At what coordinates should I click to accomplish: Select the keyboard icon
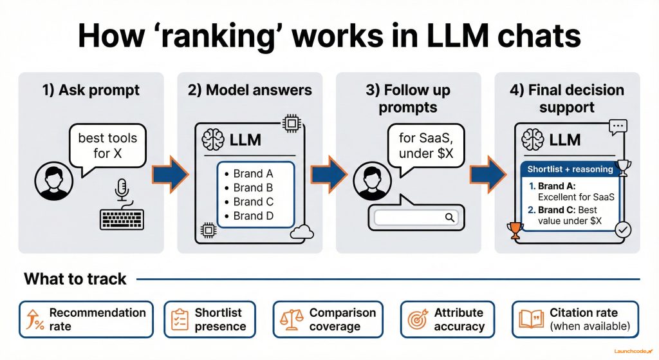click(x=122, y=219)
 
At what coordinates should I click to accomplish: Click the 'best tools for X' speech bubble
click(x=107, y=147)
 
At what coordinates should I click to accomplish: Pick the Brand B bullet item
click(x=248, y=187)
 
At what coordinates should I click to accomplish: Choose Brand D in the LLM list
click(x=248, y=216)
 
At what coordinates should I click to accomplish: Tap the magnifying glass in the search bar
click(x=449, y=218)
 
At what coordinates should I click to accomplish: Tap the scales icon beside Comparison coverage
click(x=291, y=319)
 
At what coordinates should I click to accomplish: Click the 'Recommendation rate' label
click(x=97, y=319)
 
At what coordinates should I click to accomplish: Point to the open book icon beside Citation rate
click(x=531, y=319)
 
